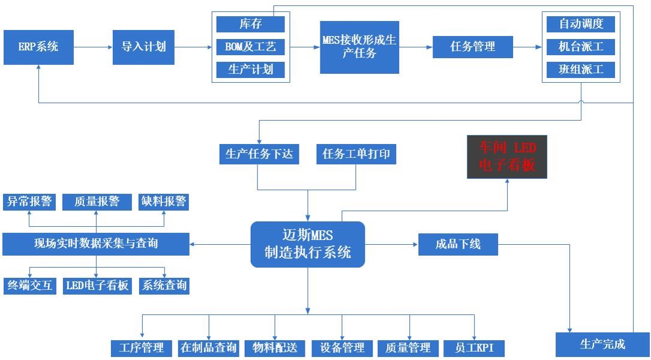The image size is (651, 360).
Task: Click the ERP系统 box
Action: (38, 47)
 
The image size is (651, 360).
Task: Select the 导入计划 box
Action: (143, 47)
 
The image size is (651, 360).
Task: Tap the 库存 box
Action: (251, 24)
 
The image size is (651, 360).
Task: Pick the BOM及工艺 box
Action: (251, 47)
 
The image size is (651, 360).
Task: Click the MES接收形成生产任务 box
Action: (359, 47)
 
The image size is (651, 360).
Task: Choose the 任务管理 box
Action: (473, 47)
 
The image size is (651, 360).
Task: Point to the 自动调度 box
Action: (581, 24)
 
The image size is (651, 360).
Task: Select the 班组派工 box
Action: (581, 70)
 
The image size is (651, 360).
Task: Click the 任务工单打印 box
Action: (356, 154)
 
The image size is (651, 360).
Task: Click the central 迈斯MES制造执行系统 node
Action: (308, 244)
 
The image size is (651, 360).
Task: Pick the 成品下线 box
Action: (458, 245)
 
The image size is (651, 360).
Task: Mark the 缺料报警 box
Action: (163, 202)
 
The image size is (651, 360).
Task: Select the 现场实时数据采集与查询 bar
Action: (96, 244)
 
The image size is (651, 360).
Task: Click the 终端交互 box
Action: (29, 286)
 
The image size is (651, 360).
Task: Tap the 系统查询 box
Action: (164, 286)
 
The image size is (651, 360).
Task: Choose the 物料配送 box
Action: (275, 348)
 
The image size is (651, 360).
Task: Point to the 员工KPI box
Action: (474, 348)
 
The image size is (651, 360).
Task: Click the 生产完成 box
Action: (602, 344)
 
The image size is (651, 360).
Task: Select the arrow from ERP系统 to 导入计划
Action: (93, 47)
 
